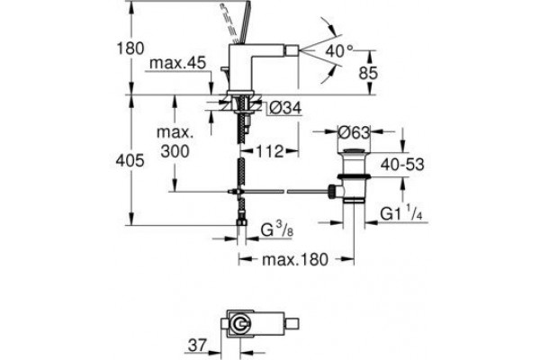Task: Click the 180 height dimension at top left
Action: tap(130, 49)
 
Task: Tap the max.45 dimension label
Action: tap(177, 63)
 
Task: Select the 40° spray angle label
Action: tap(339, 51)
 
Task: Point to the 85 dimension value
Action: tap(368, 73)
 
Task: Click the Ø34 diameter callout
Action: tap(285, 109)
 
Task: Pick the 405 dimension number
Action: tap(130, 160)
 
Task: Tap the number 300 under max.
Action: tap(175, 151)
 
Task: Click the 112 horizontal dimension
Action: tap(269, 151)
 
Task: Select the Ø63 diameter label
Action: tap(354, 132)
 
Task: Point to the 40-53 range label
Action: tap(402, 165)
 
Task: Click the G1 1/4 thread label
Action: tap(401, 213)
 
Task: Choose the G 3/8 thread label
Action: tap(277, 229)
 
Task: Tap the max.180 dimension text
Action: tap(295, 259)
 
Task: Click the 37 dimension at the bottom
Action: tap(197, 346)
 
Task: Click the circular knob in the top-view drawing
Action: tap(239, 324)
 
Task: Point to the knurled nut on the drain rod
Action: tap(332, 191)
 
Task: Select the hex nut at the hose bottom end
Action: tap(242, 222)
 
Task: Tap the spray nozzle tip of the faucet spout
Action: tap(292, 50)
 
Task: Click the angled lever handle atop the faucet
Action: tap(244, 22)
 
